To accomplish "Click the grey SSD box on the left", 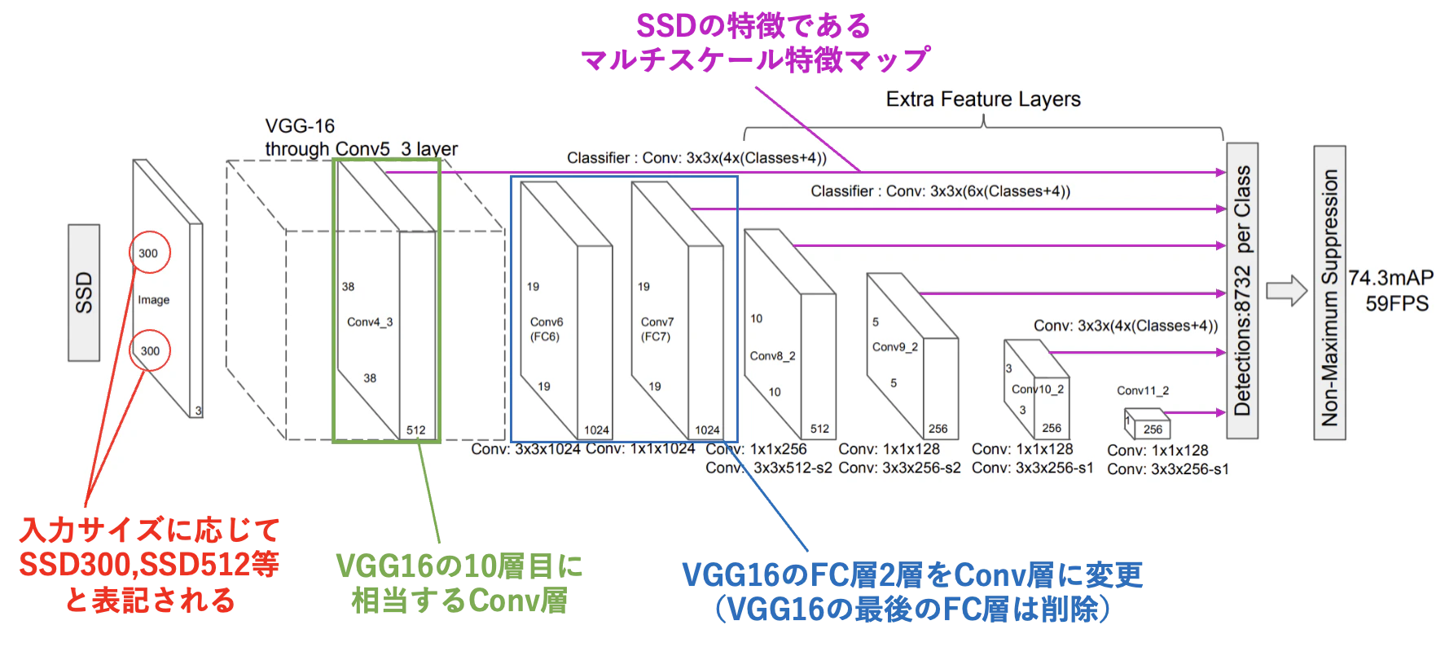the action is (84, 293).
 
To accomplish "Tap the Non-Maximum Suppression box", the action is (1329, 293).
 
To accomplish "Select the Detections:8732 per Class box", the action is (1242, 291).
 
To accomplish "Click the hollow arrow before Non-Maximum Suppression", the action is (1287, 291).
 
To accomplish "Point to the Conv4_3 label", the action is (370, 322).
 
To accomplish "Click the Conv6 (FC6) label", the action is (546, 329).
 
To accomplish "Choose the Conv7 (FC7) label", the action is (657, 329).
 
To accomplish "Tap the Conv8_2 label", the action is (772, 356).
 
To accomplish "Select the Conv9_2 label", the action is (894, 346).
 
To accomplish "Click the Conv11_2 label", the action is (1143, 390).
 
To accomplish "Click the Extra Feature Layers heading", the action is (983, 99).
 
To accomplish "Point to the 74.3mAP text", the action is (1390, 278).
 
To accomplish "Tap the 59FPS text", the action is (1397, 304).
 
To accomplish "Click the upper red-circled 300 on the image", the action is (148, 253).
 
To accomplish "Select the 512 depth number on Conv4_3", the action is (416, 429).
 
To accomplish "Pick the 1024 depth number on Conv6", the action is (596, 429).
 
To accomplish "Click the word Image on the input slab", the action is (154, 300).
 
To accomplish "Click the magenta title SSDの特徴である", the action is (753, 26).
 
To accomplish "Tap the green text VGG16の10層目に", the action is (459, 566).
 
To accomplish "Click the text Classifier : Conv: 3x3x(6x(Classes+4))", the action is (940, 191).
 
